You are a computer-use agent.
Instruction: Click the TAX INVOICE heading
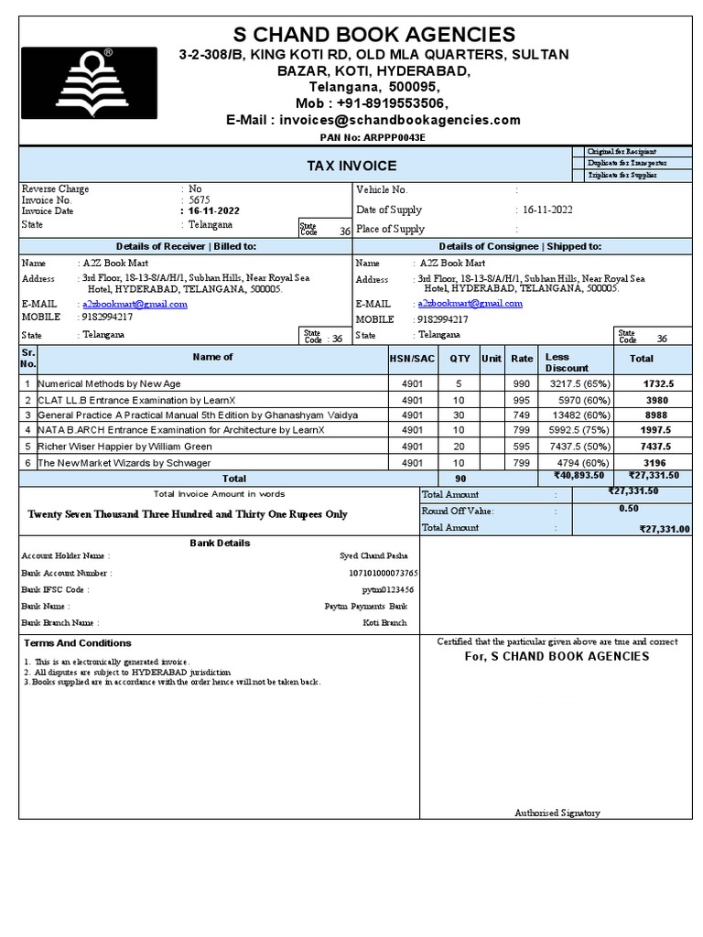(351, 166)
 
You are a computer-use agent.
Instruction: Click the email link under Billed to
(135, 304)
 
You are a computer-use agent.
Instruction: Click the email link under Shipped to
(470, 304)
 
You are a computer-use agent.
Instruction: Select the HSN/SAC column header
(412, 358)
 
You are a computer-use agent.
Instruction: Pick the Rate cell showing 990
(522, 384)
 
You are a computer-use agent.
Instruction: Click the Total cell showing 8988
(656, 415)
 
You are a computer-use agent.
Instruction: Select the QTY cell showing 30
(459, 415)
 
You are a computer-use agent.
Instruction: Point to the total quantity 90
(459, 479)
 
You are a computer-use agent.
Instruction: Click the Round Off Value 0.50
(629, 509)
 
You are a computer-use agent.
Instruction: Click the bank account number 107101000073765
(383, 573)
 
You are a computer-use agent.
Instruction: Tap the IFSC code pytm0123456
(387, 590)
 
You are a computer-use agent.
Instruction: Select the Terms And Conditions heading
(78, 643)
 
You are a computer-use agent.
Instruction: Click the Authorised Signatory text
(557, 813)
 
